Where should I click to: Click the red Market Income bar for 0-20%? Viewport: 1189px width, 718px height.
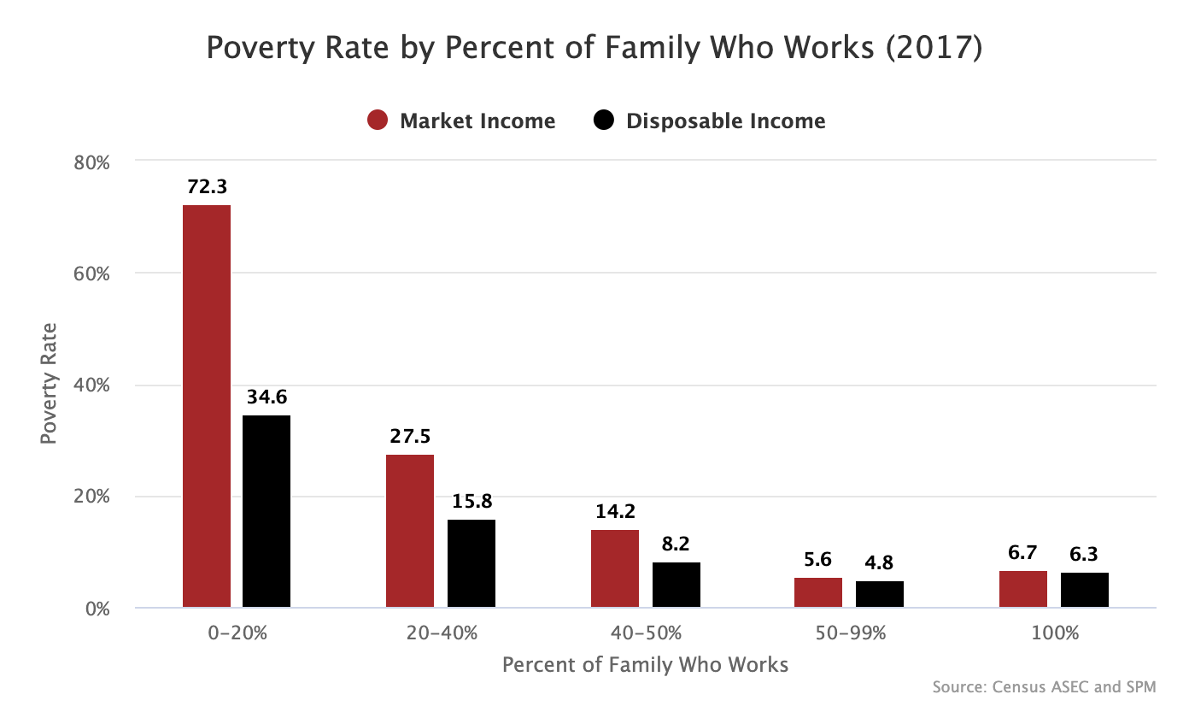point(207,406)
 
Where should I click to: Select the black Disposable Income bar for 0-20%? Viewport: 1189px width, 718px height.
point(266,511)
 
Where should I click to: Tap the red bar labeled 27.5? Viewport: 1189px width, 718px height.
point(410,531)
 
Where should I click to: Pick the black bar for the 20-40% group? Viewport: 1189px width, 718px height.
point(471,563)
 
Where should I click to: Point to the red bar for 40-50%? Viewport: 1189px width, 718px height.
point(615,568)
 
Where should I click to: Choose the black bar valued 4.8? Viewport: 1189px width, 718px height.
point(880,594)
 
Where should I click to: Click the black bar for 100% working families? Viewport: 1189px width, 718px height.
point(1085,590)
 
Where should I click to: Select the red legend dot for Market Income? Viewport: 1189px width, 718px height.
point(378,121)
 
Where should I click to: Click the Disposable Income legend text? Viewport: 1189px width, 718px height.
point(725,121)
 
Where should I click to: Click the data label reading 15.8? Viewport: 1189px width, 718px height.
point(472,502)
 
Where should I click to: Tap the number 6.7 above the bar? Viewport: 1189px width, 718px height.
point(1023,553)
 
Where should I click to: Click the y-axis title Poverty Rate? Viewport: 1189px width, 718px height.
point(50,383)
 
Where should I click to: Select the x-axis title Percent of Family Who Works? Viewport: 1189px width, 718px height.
point(645,664)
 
